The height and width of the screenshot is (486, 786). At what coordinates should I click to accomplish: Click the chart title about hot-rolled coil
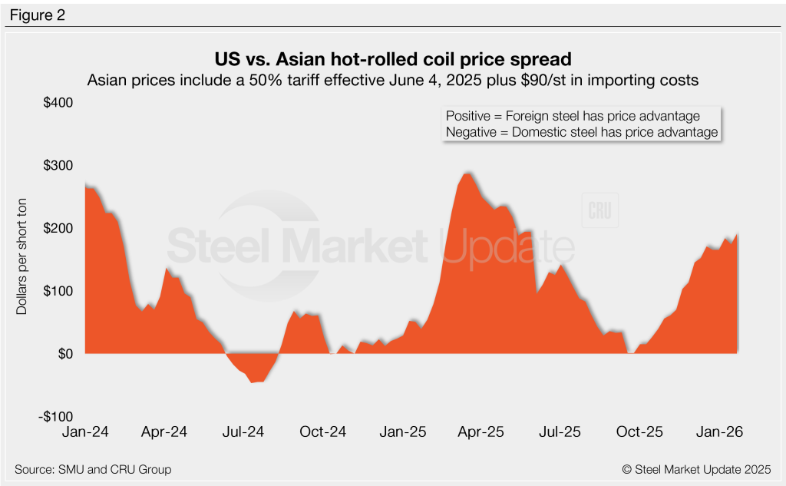pos(393,59)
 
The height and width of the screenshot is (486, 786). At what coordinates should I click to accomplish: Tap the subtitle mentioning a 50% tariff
pos(393,79)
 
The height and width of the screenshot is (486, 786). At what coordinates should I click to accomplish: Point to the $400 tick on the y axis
pos(57,103)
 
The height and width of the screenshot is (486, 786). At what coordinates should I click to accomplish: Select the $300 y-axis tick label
pos(57,166)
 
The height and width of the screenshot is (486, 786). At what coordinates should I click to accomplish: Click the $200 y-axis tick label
pos(57,228)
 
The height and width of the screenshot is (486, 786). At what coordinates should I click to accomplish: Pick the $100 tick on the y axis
pos(57,291)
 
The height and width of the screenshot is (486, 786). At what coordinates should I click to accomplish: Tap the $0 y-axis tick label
pos(63,354)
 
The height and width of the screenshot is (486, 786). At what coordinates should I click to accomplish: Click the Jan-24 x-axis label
pos(85,431)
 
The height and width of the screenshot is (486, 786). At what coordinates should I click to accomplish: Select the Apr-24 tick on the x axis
pos(164,431)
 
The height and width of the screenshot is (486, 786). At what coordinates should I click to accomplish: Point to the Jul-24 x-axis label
pos(243,431)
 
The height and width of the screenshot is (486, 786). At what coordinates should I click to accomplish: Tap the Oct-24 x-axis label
pos(323,431)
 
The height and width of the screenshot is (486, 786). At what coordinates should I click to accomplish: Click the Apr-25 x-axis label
pos(481,431)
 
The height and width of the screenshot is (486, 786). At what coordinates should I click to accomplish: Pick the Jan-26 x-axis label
pos(719,431)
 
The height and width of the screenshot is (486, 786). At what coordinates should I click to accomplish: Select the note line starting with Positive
pos(573,116)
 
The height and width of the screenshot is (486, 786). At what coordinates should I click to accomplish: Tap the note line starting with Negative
pos(582,132)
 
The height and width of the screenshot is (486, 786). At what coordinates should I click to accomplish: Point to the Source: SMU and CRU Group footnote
pos(93,469)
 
